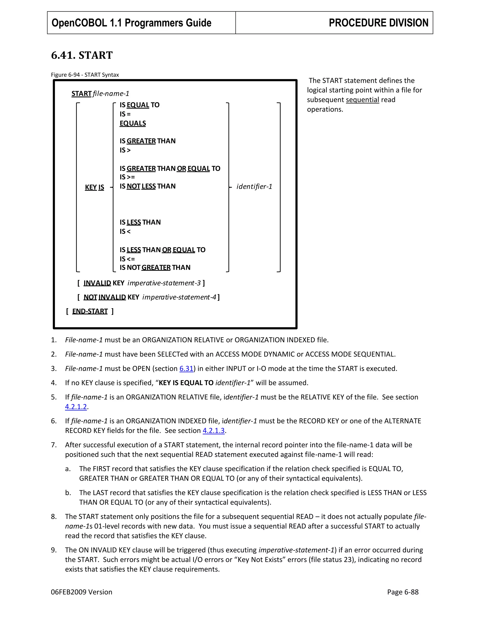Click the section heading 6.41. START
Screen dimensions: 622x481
82,55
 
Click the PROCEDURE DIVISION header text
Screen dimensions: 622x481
378,23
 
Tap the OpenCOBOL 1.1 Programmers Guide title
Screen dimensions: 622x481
131,23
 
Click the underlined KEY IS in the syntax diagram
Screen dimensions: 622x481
94,187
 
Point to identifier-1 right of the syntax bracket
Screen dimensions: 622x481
254,187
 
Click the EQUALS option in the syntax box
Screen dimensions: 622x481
133,123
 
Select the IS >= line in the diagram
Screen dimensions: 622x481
127,177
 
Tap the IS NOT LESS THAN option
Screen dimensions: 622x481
147,186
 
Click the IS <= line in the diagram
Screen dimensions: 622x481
127,259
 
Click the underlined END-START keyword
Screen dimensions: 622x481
90,311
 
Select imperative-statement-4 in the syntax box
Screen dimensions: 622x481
179,297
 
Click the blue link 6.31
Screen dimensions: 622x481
186,369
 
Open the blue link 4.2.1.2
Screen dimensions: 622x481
76,407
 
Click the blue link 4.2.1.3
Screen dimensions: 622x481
213,431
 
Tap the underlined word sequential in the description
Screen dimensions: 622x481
362,100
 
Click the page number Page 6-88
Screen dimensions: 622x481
403,592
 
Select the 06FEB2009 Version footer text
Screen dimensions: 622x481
81,592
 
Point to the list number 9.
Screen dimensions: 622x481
54,550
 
